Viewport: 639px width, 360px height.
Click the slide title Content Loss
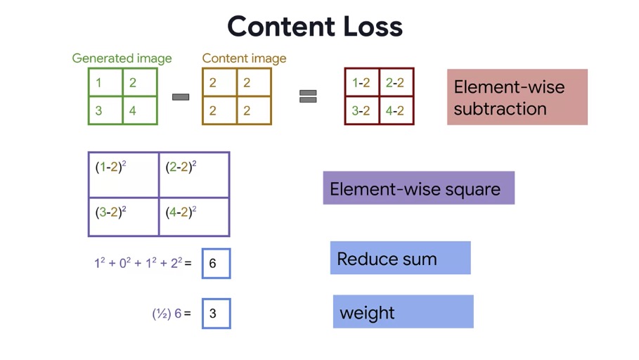(x=315, y=27)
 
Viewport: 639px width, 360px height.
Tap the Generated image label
(x=122, y=58)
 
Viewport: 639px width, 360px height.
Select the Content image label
(x=244, y=58)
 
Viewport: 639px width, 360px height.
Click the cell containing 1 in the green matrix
(x=105, y=82)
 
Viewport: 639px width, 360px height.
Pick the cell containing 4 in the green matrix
(x=140, y=110)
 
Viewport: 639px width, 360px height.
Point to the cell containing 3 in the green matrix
(x=105, y=110)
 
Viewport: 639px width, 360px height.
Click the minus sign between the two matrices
(x=181, y=97)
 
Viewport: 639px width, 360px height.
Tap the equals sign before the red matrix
(x=308, y=96)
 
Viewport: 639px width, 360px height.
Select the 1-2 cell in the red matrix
(x=362, y=82)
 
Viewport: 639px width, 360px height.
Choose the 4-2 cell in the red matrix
(x=396, y=110)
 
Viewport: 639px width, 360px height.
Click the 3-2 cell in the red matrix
(x=362, y=110)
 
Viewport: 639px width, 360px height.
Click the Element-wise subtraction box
(x=517, y=97)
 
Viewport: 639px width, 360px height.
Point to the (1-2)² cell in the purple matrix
(x=124, y=175)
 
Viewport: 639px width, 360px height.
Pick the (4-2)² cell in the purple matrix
(x=194, y=217)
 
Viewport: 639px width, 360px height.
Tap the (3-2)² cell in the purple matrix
(x=124, y=217)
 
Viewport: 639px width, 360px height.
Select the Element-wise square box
(x=418, y=188)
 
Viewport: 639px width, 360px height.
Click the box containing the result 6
(x=216, y=264)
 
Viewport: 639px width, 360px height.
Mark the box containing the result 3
(x=216, y=314)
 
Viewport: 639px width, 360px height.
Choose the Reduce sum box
(x=400, y=257)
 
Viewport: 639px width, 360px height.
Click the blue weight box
(x=403, y=311)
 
